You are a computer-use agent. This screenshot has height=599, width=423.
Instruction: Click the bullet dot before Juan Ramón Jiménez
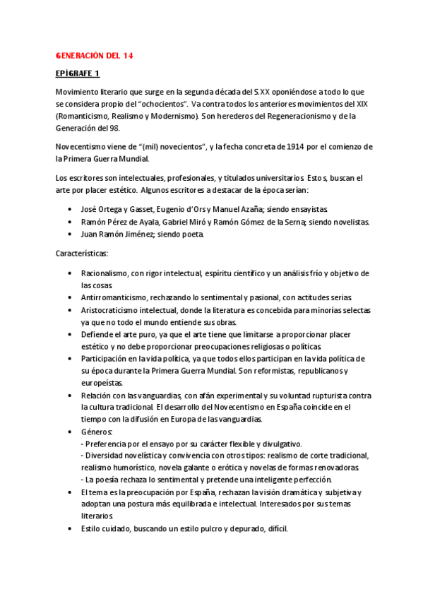[68, 235]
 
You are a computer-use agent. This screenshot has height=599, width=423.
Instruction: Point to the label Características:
[81, 253]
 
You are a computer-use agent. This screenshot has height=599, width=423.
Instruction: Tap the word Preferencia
[109, 444]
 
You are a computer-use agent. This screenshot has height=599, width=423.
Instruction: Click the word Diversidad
[108, 456]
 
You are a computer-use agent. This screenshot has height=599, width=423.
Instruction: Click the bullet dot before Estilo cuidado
[68, 529]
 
